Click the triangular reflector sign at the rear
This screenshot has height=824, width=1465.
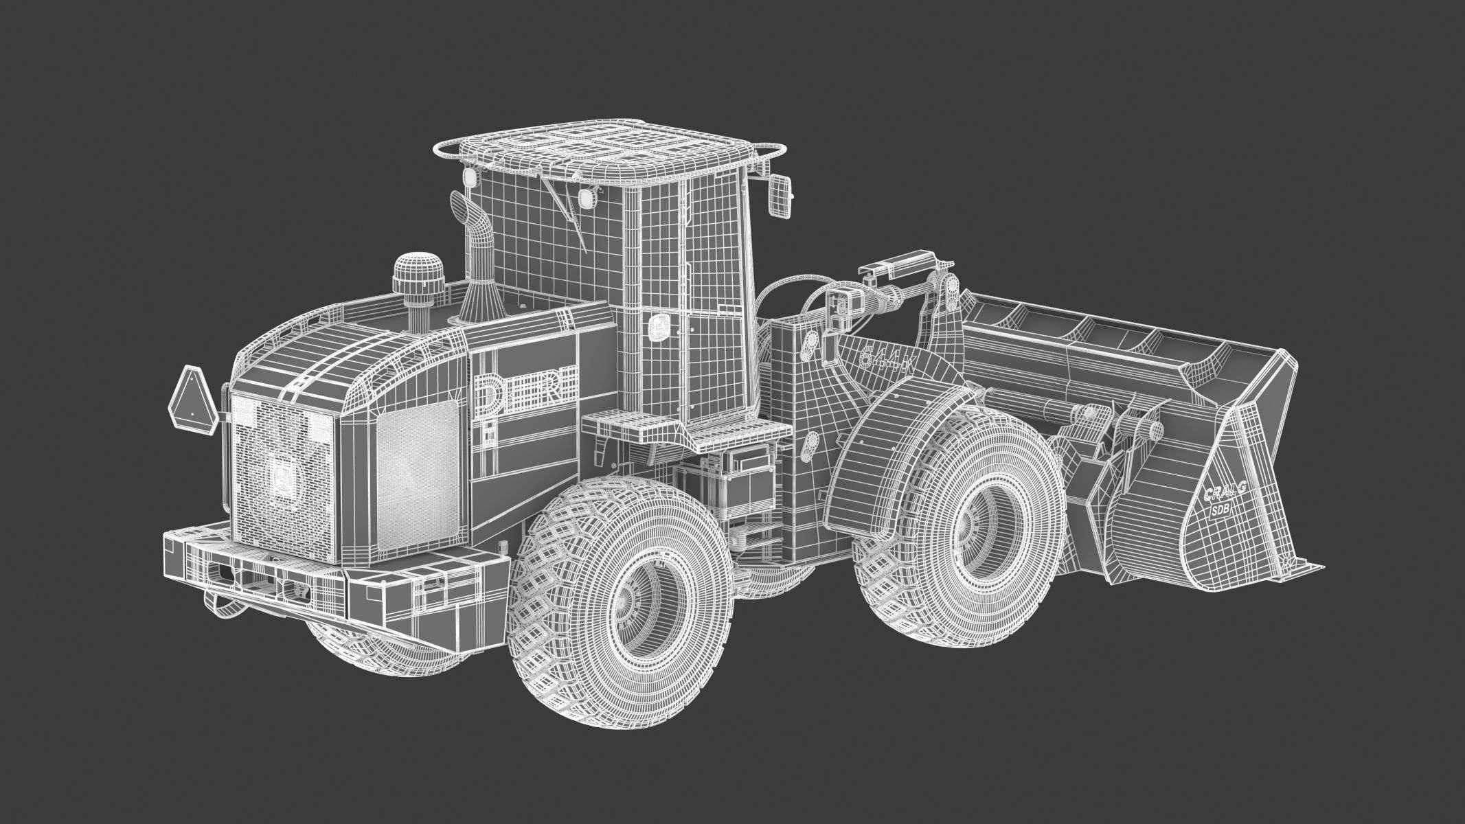(x=192, y=398)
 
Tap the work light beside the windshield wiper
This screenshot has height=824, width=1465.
(x=587, y=198)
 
